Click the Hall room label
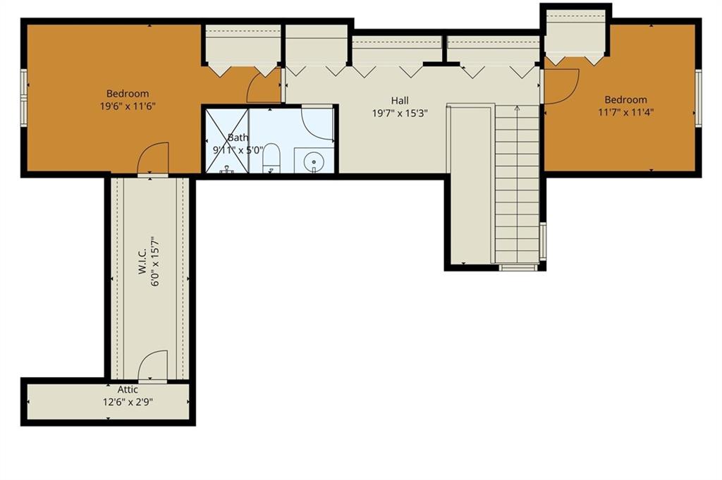tap(400, 100)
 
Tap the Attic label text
tap(128, 390)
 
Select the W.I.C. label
tap(142, 262)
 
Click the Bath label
tap(238, 137)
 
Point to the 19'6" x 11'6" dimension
tap(128, 106)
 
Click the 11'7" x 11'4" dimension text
tap(626, 112)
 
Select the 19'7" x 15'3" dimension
tap(400, 113)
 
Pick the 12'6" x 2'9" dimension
tap(128, 402)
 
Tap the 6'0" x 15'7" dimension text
tap(155, 262)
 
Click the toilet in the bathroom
tap(271, 158)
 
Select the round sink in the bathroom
tap(314, 162)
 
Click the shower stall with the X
tap(227, 141)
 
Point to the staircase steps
tap(517, 184)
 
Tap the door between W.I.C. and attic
tap(153, 366)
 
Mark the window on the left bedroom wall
tap(24, 97)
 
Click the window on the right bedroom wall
tap(698, 97)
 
